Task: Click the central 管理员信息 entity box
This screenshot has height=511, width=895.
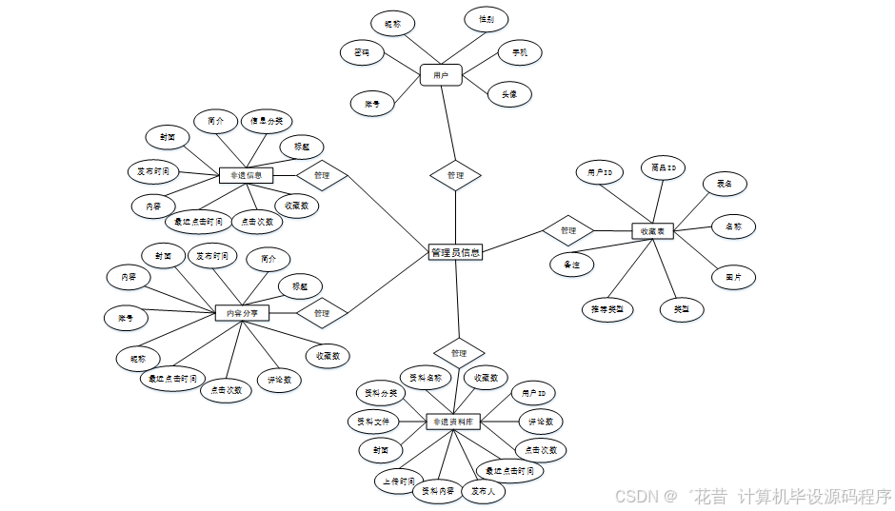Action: click(456, 252)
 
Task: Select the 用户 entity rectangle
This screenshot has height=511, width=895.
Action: click(441, 74)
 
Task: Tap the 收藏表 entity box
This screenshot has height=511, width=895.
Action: click(653, 230)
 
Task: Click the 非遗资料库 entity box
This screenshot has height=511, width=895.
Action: click(454, 421)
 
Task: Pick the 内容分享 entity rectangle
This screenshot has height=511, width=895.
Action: click(243, 313)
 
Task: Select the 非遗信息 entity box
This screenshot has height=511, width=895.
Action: click(247, 175)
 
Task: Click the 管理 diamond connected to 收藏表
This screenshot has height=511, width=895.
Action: click(568, 230)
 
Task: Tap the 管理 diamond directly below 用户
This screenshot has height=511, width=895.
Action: click(455, 175)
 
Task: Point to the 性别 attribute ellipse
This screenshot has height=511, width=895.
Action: click(487, 19)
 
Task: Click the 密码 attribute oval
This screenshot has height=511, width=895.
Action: click(362, 52)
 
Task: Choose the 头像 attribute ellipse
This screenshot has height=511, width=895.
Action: click(509, 93)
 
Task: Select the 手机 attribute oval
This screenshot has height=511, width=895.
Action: click(520, 52)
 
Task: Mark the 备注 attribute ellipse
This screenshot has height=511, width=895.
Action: click(571, 264)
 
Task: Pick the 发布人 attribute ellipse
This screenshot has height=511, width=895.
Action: click(485, 491)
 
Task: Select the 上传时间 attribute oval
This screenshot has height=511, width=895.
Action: click(394, 482)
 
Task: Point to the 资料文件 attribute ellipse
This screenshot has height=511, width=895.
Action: click(373, 421)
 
